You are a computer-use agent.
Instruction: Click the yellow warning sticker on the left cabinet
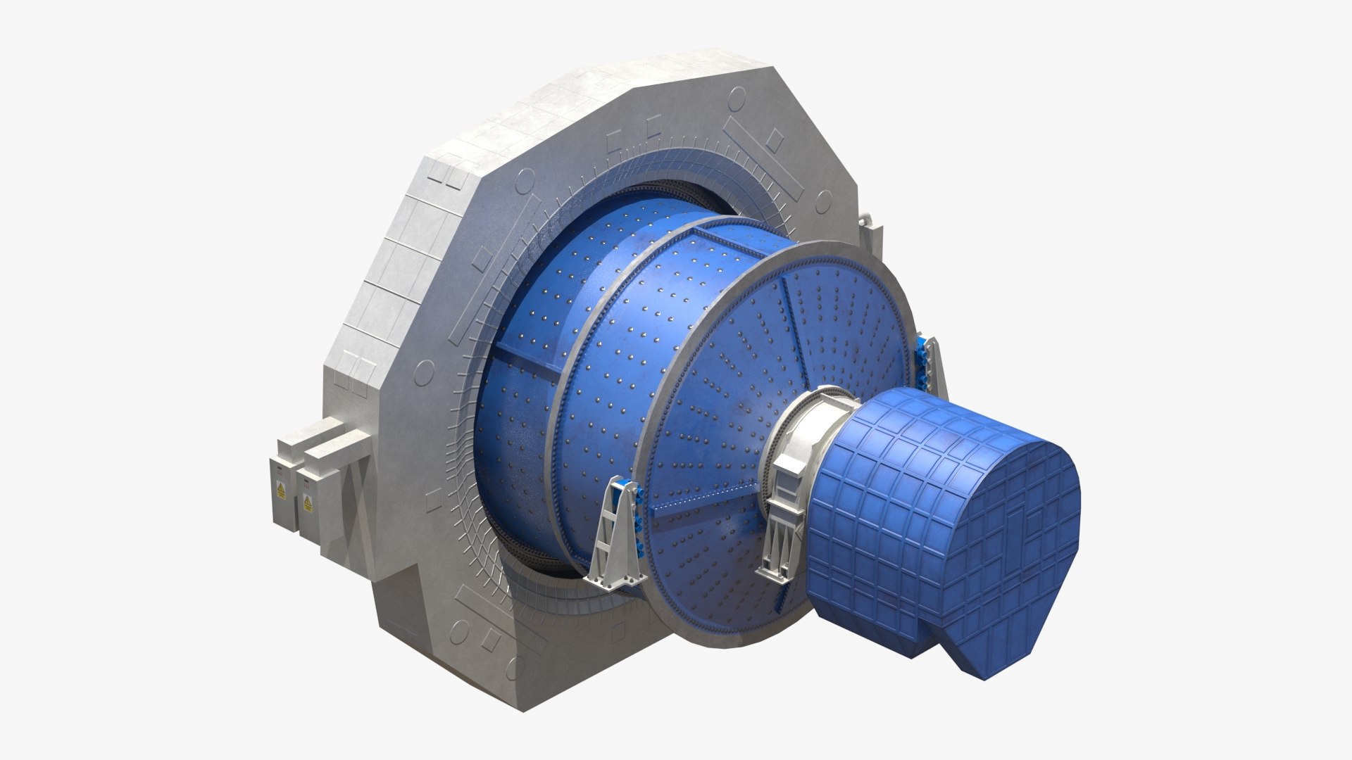click(x=281, y=492)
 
